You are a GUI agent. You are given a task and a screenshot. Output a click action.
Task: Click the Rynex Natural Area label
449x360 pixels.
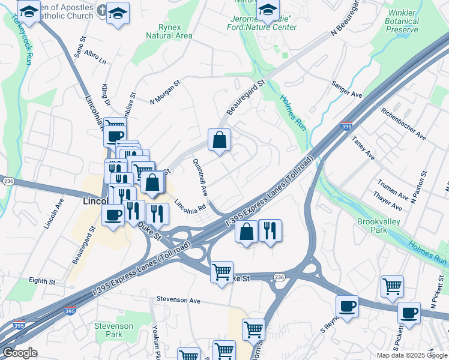tap(169, 31)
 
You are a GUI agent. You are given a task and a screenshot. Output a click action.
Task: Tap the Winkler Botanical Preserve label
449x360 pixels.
tap(402, 21)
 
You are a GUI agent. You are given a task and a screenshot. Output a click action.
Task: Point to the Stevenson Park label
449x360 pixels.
tap(113, 330)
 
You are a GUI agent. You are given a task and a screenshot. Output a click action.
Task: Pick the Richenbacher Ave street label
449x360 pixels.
tap(403, 124)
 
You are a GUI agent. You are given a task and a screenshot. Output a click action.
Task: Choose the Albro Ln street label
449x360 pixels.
tap(95, 58)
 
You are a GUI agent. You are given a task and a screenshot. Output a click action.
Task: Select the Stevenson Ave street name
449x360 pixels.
tap(178, 299)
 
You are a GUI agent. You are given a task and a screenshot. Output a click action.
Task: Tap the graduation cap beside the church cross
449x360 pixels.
tap(118, 13)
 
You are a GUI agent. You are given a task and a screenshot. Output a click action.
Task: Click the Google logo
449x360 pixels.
tap(20, 353)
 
